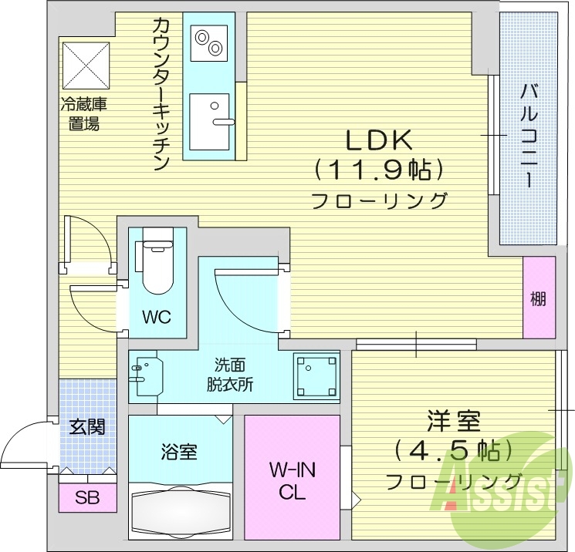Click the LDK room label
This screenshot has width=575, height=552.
pyautogui.click(x=379, y=140)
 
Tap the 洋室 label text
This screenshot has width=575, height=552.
pyautogui.click(x=454, y=421)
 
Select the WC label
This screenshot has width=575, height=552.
pyautogui.click(x=157, y=317)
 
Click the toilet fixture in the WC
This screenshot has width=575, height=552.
pyautogui.click(x=157, y=261)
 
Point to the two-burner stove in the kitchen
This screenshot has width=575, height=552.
pyautogui.click(x=208, y=43)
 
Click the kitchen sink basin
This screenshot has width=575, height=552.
pyautogui.click(x=210, y=122)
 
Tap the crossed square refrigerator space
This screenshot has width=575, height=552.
pyautogui.click(x=86, y=66)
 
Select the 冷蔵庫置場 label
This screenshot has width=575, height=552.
pyautogui.click(x=84, y=114)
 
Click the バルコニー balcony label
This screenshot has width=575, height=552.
pyautogui.click(x=529, y=135)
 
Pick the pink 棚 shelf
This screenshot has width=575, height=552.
pyautogui.click(x=539, y=297)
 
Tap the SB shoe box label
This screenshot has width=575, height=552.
pyautogui.click(x=87, y=498)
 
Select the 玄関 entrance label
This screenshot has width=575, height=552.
pyautogui.click(x=87, y=427)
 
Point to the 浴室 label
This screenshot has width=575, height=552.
pyautogui.click(x=179, y=452)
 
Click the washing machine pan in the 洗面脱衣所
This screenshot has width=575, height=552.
pyautogui.click(x=316, y=376)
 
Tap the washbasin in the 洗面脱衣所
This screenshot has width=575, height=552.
pyautogui.click(x=146, y=373)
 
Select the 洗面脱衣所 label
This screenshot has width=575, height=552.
pyautogui.click(x=230, y=375)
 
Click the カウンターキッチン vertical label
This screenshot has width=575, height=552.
pyautogui.click(x=161, y=94)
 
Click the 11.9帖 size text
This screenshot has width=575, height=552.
pyautogui.click(x=379, y=170)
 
